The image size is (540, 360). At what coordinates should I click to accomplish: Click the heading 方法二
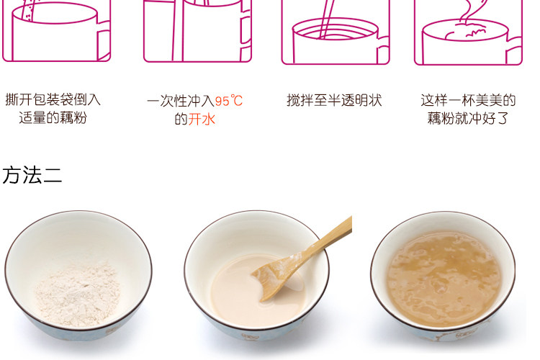32,175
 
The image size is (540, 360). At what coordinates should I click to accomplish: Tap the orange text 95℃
229,101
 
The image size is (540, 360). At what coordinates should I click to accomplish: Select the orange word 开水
202,120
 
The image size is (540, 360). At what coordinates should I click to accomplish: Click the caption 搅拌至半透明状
334,100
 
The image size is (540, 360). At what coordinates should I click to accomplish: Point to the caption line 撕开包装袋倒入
53,99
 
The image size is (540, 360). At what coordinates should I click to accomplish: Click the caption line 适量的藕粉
53,117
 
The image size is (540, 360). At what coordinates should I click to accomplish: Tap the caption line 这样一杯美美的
468,100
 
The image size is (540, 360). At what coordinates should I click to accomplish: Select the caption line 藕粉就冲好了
468,118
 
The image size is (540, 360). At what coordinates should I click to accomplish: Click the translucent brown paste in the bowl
444,279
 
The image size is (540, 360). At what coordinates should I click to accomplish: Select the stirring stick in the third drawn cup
325,19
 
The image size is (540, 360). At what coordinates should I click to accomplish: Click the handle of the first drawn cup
103,40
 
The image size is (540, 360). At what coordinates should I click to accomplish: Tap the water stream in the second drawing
178,30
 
